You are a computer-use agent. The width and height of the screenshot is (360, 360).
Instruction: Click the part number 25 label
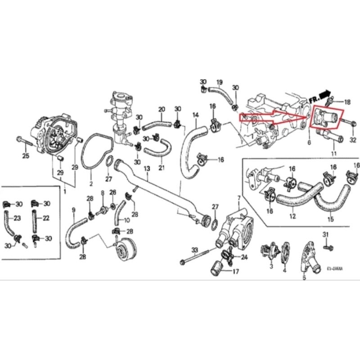point(25,156)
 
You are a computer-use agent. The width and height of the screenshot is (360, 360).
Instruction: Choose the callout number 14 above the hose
point(195,115)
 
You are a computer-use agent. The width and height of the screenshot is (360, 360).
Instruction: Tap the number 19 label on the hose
point(220,82)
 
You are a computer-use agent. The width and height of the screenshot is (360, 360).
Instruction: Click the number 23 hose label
point(18,218)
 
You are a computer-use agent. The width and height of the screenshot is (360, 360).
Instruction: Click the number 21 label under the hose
point(161,168)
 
